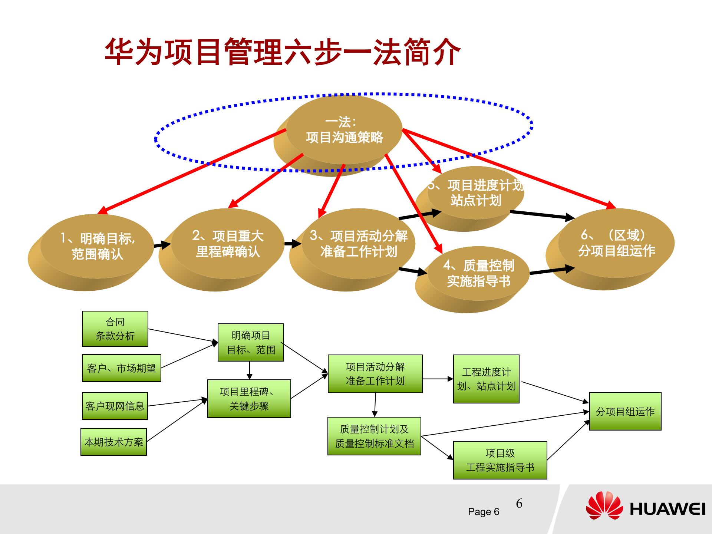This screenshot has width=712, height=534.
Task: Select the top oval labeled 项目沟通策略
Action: (344, 130)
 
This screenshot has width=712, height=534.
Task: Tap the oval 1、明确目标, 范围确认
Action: (97, 246)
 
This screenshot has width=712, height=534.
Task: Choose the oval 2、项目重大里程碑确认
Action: (228, 244)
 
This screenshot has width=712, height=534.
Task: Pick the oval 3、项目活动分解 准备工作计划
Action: (358, 244)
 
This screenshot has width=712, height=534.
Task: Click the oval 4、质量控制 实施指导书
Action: (478, 274)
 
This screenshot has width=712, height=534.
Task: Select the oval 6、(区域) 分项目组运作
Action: (616, 243)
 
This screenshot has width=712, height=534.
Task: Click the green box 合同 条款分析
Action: (115, 329)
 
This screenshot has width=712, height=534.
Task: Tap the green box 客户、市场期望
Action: (121, 368)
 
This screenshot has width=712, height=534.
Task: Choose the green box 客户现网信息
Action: (115, 406)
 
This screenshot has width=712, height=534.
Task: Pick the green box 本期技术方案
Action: (113, 442)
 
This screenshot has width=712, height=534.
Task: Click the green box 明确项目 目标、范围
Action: (251, 343)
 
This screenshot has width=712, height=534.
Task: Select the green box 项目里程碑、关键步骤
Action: (249, 399)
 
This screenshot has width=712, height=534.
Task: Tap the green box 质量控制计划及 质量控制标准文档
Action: (374, 436)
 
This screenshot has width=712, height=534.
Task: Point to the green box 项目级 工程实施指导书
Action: (500, 460)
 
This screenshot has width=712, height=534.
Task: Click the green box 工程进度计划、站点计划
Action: (486, 379)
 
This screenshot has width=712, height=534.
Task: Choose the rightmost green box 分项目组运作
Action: (625, 411)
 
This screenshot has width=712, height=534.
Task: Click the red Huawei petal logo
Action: (604, 506)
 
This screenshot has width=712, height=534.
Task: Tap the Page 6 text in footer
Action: (484, 512)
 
